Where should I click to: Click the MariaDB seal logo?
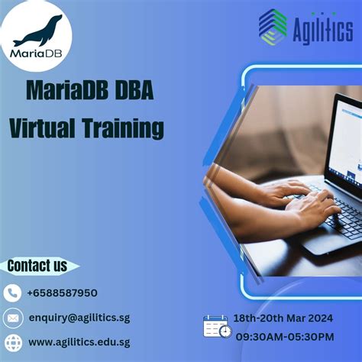tap(37, 34)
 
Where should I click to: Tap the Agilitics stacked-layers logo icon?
tap(273, 27)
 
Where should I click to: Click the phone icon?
tap(12, 293)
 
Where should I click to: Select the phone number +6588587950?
tap(62, 293)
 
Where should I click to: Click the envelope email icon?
tap(12, 317)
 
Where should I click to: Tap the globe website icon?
tap(12, 341)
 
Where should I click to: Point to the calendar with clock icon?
tap(217, 326)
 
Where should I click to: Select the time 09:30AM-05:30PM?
tap(284, 336)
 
